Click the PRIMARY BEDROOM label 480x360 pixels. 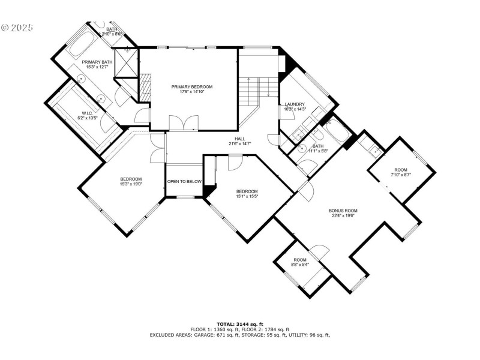191,87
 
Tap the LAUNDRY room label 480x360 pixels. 295,104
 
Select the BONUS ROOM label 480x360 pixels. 343,211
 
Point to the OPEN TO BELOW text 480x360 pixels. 184,181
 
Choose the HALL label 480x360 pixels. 239,139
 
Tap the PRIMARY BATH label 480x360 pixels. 97,62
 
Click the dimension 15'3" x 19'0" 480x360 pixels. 131,184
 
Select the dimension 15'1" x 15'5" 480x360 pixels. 246,196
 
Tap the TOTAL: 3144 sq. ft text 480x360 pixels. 240,324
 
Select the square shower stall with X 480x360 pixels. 127,64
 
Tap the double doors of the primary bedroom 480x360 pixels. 183,123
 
